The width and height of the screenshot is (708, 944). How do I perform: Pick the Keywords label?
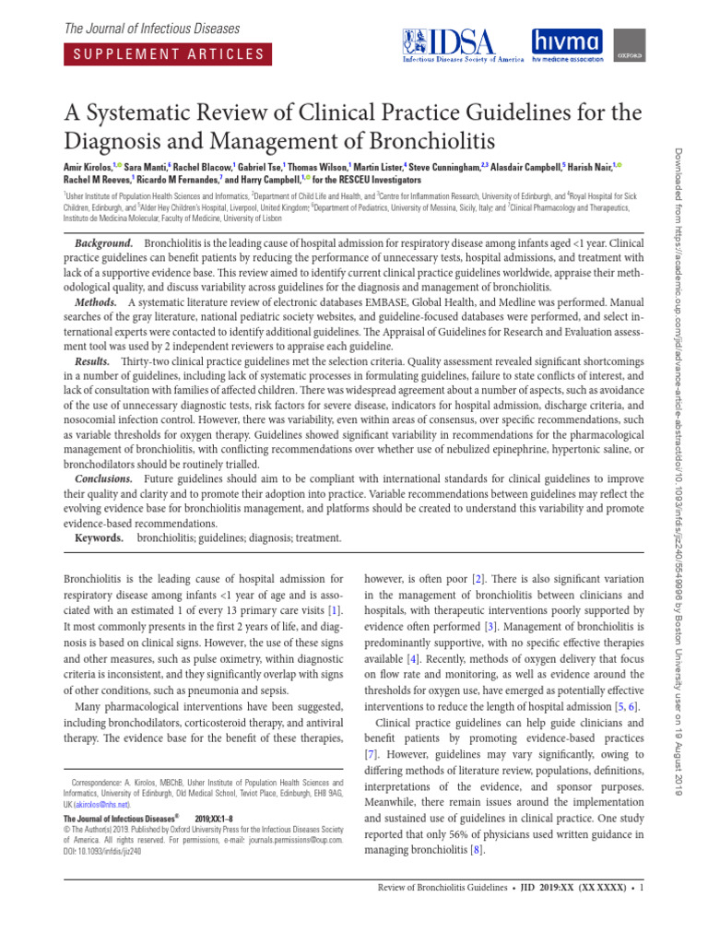pos(98,537)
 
